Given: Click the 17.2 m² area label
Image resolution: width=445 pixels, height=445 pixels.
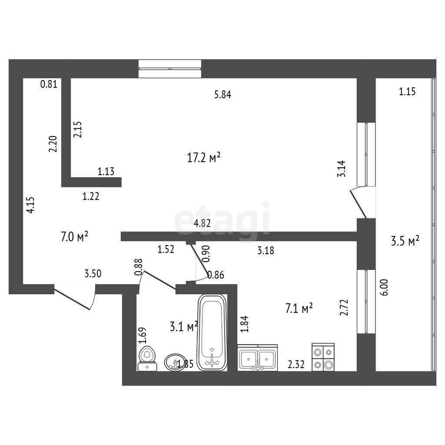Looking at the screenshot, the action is point(204,157).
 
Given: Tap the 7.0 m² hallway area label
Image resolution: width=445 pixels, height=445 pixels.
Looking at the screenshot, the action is point(75,236).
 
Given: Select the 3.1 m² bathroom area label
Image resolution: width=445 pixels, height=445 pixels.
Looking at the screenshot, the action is point(184,327).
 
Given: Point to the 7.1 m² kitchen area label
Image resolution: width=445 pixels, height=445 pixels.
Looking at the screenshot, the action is point(299,308).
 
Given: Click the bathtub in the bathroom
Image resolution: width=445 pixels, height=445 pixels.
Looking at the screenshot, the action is point(212,332).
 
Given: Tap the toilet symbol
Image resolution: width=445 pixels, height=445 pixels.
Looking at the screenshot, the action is point(147,359).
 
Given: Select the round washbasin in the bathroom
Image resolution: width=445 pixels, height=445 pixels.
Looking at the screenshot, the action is point(176,362).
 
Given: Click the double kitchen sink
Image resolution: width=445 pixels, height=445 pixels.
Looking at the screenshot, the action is point(257,358).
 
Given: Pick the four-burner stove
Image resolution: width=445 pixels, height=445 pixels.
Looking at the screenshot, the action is point(323,357).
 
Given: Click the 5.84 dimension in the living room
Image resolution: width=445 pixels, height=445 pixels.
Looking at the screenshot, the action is point(223,94).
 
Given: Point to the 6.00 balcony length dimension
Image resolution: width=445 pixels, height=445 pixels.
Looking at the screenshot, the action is point(384,288).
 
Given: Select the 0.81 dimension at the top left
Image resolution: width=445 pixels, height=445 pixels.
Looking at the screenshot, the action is point(49,84).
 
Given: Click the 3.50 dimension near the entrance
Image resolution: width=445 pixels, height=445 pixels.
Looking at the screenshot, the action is point(93,274).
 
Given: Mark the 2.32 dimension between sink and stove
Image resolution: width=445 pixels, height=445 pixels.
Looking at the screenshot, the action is point(296,364).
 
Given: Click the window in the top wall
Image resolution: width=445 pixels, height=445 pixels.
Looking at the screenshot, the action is point(170,69).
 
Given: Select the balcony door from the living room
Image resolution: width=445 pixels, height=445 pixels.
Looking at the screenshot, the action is point(359,202).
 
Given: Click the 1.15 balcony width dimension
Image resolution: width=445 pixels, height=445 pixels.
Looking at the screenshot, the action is point(407,91).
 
